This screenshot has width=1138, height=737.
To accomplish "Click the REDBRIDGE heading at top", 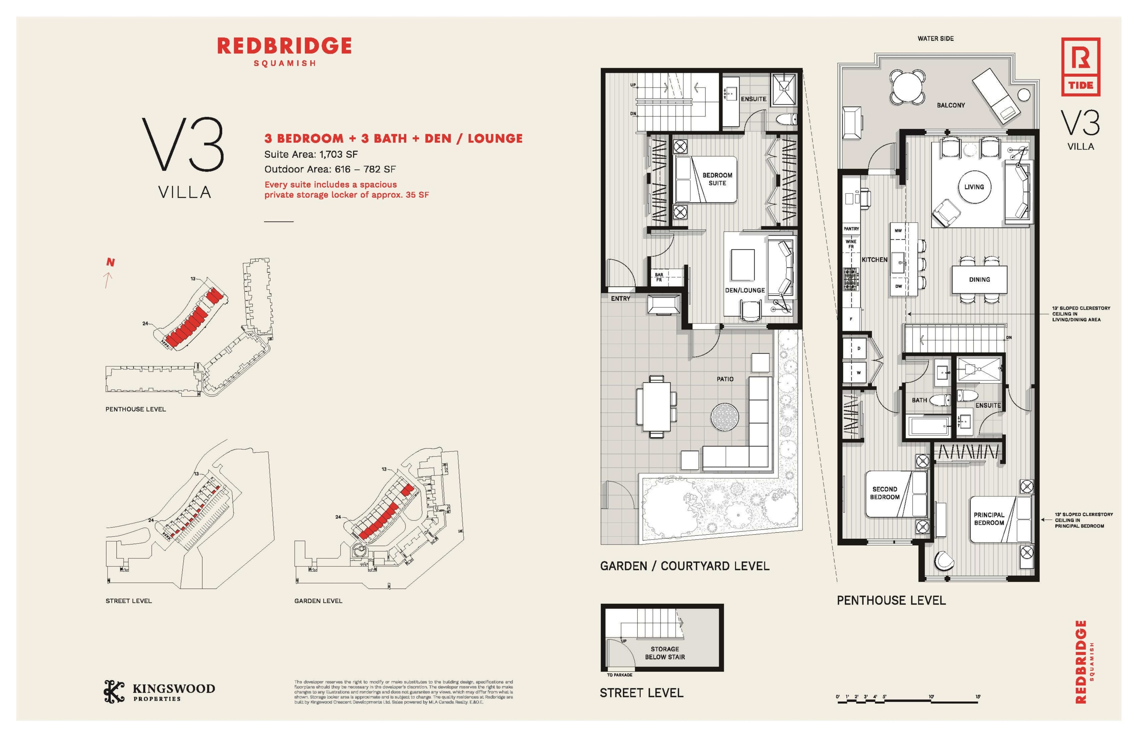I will pyautogui.click(x=284, y=46).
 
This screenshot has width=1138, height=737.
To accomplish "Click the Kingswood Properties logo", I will pyautogui.click(x=159, y=691).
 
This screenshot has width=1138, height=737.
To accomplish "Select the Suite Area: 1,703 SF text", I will pyautogui.click(x=311, y=154).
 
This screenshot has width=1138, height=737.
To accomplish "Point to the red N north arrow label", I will pyautogui.click(x=110, y=262).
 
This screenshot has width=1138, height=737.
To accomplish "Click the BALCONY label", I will pyautogui.click(x=950, y=105).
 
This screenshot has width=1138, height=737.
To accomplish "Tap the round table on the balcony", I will pyautogui.click(x=907, y=87).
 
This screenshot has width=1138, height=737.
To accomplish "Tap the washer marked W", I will pyautogui.click(x=858, y=372).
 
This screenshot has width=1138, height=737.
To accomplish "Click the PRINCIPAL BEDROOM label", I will pyautogui.click(x=989, y=519).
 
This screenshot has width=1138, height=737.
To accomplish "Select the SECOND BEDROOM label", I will pyautogui.click(x=884, y=493).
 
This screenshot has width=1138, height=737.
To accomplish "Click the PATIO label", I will pyautogui.click(x=725, y=379).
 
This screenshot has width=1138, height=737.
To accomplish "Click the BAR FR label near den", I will pyautogui.click(x=659, y=277).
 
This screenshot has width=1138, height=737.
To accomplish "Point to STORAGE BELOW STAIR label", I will pyautogui.click(x=665, y=653).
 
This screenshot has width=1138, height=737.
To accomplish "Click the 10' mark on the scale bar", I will pyautogui.click(x=931, y=696).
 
